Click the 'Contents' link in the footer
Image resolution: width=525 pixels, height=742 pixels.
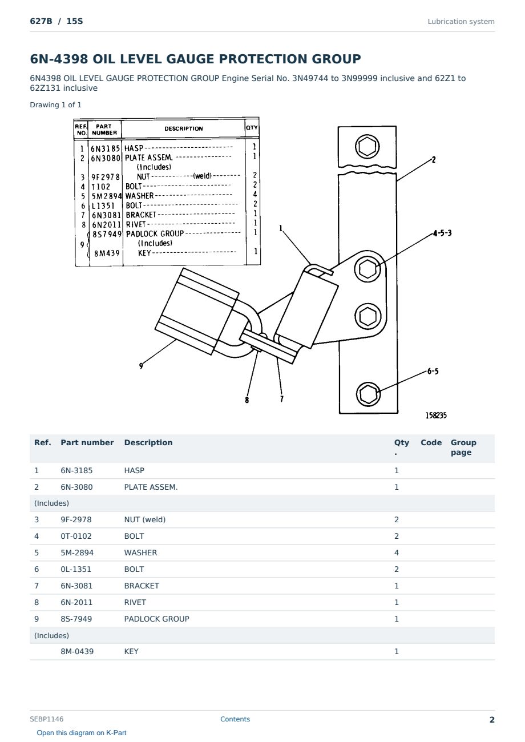[235, 719]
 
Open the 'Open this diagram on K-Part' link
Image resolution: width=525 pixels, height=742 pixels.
[82, 732]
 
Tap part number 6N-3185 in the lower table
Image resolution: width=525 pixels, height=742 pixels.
[76, 470]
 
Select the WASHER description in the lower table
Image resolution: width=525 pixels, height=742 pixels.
[140, 553]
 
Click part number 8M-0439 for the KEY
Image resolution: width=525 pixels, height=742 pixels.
[77, 651]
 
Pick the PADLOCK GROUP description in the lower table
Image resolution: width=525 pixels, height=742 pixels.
[157, 619]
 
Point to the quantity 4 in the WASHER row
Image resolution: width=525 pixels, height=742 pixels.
[397, 553]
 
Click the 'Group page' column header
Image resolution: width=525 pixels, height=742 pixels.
[463, 447]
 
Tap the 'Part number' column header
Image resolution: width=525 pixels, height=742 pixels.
[87, 442]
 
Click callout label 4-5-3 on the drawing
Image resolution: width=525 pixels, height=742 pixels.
[442, 233]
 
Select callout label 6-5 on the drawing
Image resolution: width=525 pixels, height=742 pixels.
[433, 371]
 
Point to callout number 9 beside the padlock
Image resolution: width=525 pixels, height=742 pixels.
[141, 366]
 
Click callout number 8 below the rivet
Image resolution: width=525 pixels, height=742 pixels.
[247, 400]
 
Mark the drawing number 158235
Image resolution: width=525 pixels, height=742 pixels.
[436, 416]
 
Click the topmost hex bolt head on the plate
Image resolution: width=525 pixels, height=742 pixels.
[367, 147]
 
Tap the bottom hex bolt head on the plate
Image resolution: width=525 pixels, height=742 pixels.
[368, 394]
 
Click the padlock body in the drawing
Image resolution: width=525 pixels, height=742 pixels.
[197, 311]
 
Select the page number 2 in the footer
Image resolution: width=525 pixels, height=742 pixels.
[492, 720]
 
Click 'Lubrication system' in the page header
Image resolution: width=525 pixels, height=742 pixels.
[461, 22]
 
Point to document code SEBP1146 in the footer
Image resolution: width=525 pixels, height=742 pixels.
[46, 719]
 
